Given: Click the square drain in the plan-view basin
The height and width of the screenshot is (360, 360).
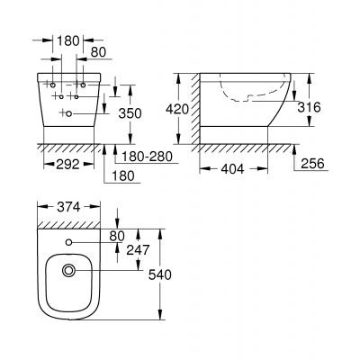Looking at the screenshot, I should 70,270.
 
